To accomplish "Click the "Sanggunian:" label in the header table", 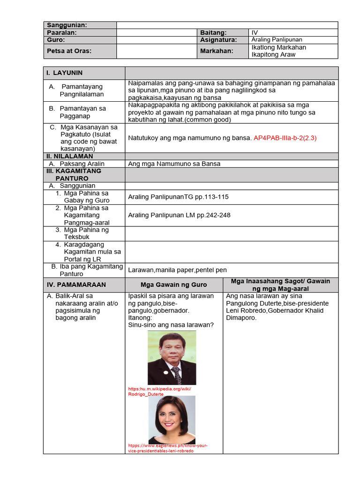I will (x=67, y=25).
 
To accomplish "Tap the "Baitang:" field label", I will (x=213, y=33).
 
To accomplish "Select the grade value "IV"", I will (x=255, y=33).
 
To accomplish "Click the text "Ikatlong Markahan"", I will (x=278, y=47).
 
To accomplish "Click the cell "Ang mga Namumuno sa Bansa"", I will (x=174, y=164).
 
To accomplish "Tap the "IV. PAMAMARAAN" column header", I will (x=76, y=285).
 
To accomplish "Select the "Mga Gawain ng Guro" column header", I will (x=173, y=285).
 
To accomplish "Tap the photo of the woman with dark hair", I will (x=172, y=419).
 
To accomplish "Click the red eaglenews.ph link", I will (x=167, y=448).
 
